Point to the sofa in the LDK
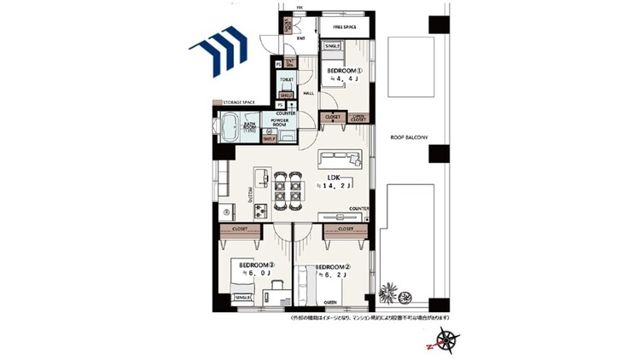tap(341, 158)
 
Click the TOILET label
tap(287, 78)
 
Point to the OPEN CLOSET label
tap(359, 118)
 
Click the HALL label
tap(310, 94)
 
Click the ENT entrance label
tap(301, 38)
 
